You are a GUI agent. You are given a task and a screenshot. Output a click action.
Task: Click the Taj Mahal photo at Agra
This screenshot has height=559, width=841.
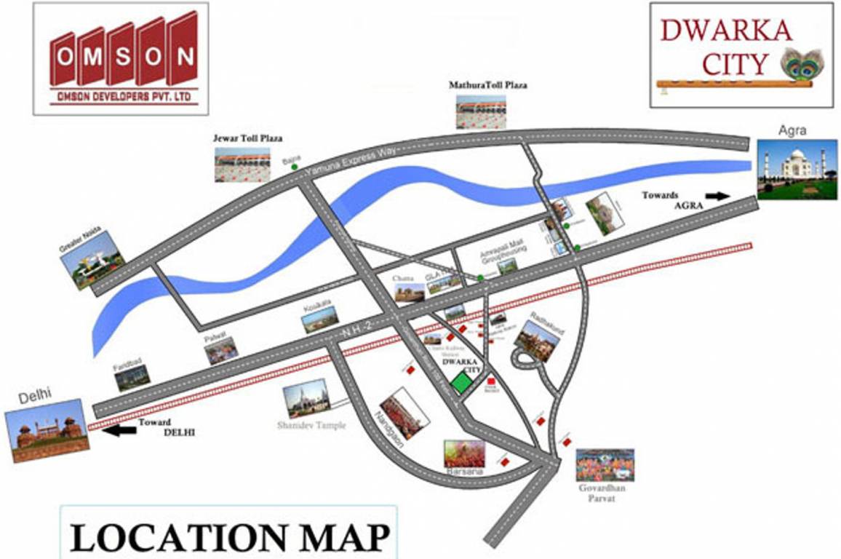point(797,170)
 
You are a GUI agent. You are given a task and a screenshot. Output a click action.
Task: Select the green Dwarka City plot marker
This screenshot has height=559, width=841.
point(461,382)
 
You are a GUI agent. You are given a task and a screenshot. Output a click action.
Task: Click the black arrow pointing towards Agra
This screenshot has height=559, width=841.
point(718,195)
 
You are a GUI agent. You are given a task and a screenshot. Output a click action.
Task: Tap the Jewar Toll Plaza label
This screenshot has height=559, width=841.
point(247,138)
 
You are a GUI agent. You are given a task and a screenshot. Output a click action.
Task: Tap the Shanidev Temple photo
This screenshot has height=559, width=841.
point(306,398)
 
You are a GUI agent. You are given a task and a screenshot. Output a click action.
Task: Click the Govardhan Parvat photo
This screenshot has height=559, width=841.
point(605,465)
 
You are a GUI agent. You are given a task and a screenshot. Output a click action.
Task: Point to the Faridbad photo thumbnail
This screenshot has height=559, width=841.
point(132,377)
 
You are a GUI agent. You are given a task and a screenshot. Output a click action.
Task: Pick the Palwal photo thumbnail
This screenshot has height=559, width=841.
point(221,351)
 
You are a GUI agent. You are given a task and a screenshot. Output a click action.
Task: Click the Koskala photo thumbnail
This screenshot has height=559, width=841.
point(320,319)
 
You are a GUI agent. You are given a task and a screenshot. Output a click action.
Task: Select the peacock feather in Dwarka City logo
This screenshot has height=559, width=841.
point(802,63)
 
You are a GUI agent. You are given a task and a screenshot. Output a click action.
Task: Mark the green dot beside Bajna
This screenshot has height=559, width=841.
point(294,167)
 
